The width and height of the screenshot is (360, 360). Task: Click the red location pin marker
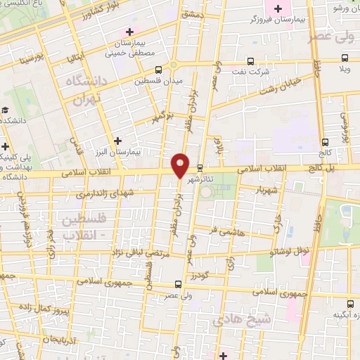pos(180,165)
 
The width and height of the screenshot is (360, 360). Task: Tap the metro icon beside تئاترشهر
pos(201,168)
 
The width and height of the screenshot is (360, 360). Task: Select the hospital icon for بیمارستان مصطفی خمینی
pos(129,32)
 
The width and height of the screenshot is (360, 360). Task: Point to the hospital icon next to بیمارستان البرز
pos(118,140)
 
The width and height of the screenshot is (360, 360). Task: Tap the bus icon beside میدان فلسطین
pos(158,69)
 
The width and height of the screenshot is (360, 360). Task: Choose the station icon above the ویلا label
pos(345,58)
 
